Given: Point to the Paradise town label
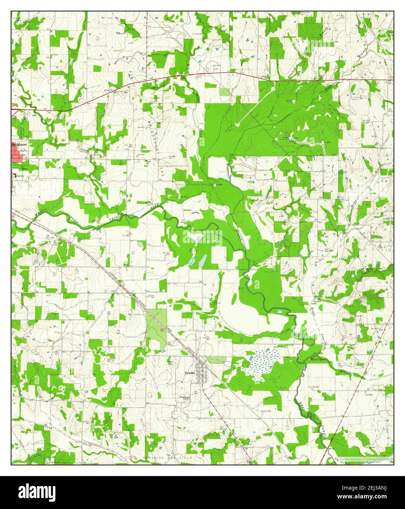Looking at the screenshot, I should tap(190, 373).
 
